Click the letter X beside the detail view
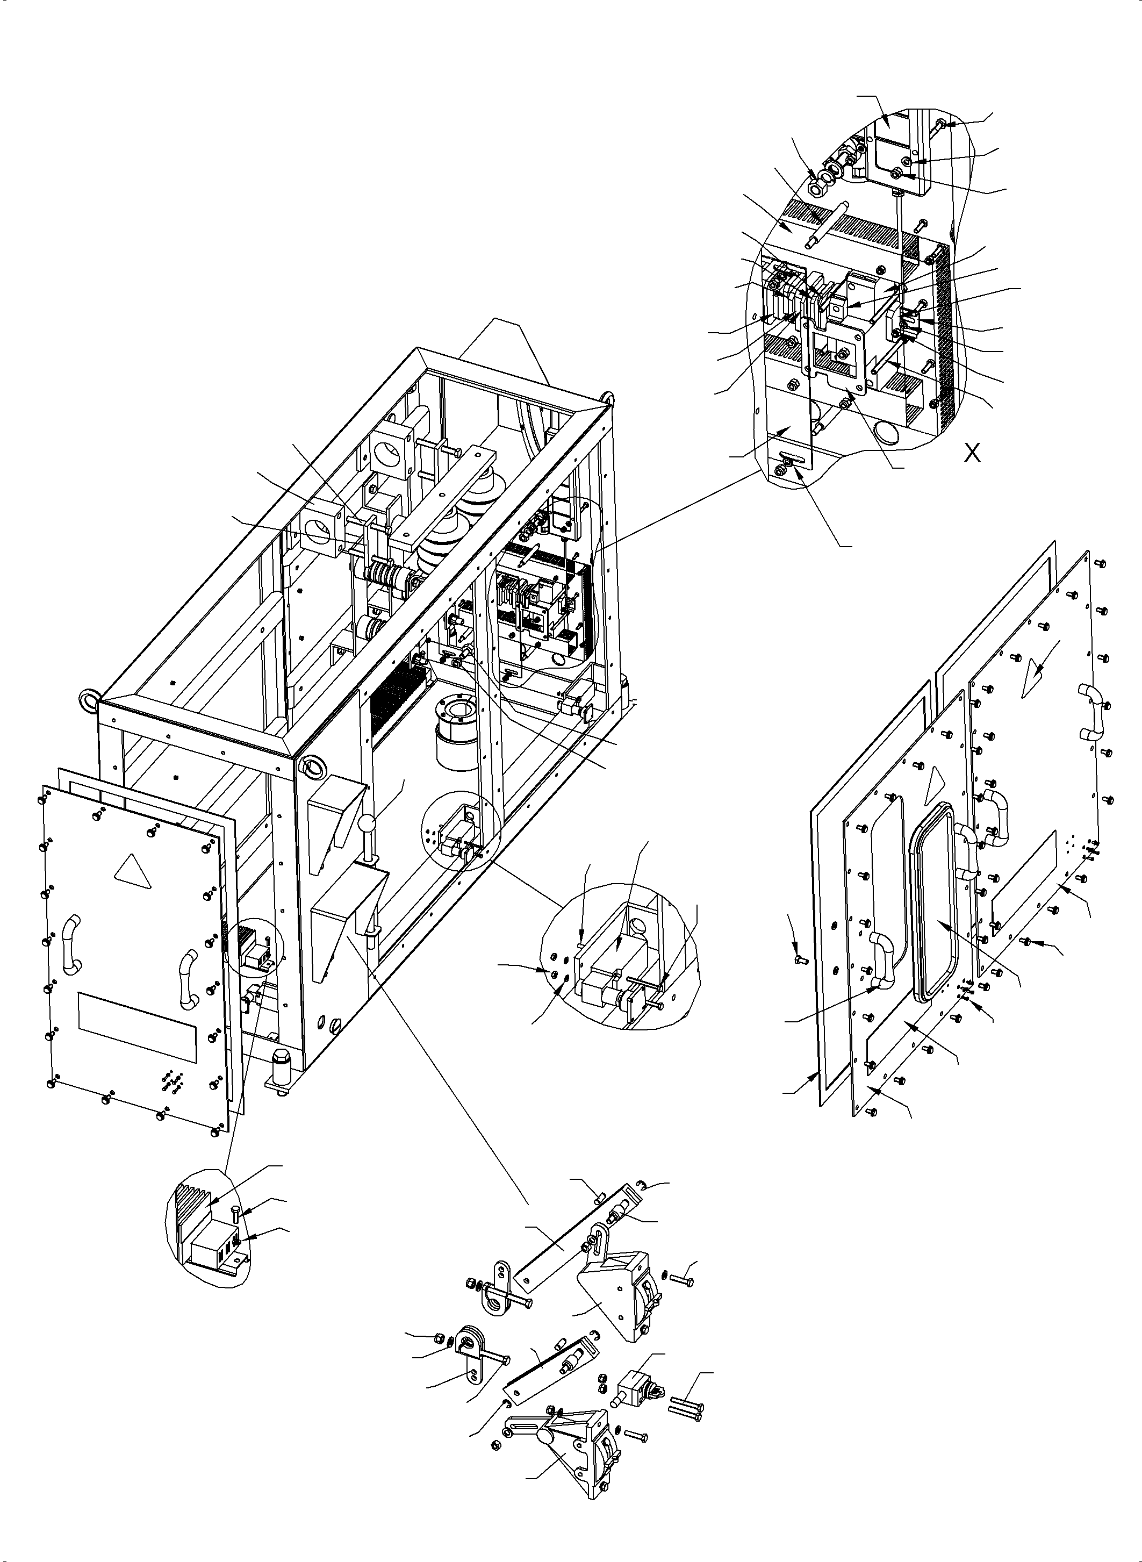click(x=972, y=454)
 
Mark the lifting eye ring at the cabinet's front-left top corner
click(x=91, y=700)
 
